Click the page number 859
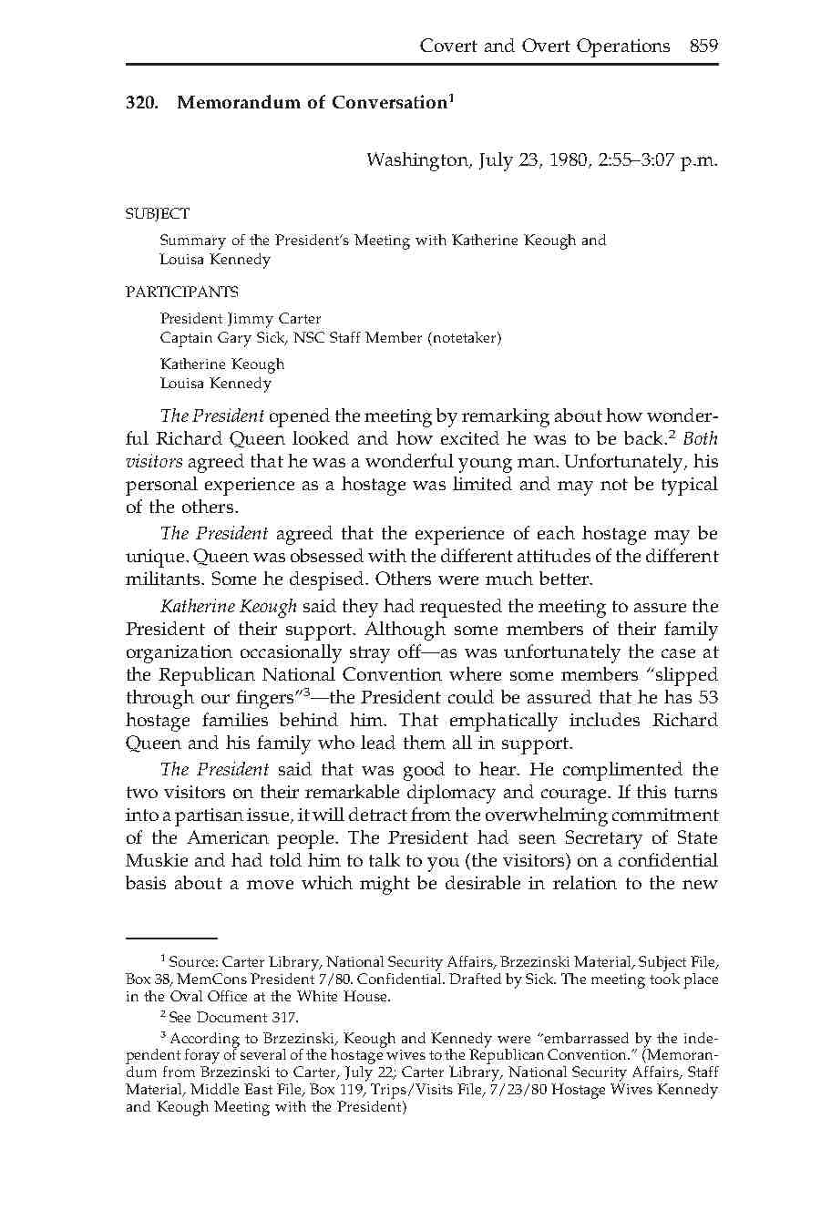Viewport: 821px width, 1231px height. [703, 46]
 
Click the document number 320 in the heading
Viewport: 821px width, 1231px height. [141, 102]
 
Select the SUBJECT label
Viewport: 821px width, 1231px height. [158, 214]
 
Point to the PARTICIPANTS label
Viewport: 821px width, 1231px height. [182, 292]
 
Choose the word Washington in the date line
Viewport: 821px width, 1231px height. [416, 160]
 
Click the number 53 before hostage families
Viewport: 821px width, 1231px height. [707, 697]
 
